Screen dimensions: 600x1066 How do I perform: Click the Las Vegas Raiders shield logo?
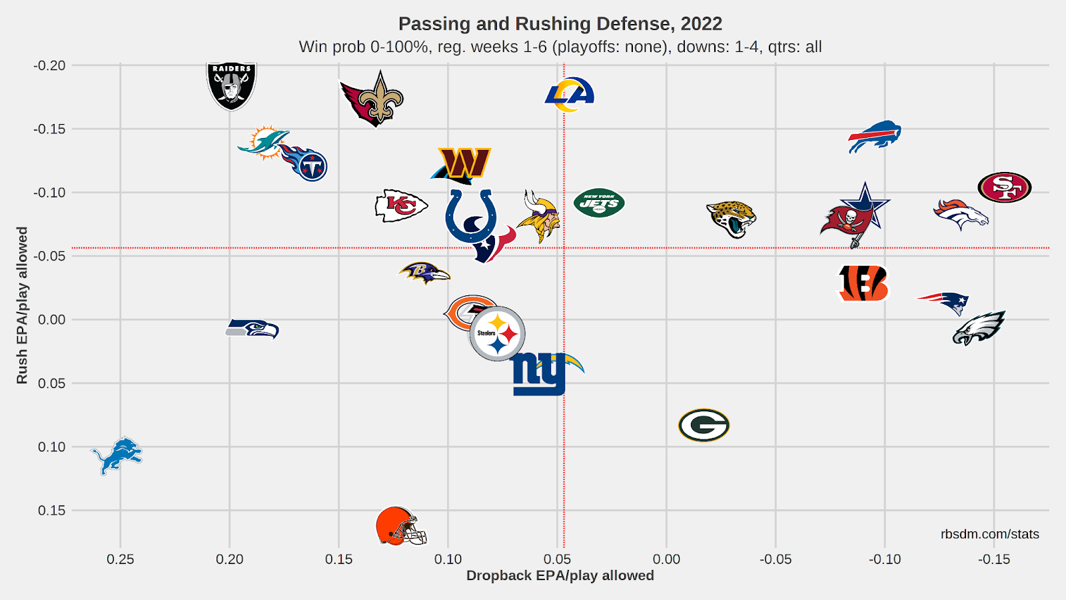click(231, 86)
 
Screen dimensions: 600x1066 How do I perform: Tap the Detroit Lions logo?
click(117, 455)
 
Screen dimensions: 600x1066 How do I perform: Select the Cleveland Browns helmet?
click(400, 526)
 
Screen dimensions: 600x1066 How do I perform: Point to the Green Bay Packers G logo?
click(704, 425)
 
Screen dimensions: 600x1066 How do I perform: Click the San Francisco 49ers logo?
click(1004, 187)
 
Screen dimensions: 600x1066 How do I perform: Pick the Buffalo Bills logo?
click(875, 137)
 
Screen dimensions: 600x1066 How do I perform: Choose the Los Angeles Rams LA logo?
click(570, 94)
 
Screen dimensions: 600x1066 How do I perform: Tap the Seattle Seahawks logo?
click(253, 329)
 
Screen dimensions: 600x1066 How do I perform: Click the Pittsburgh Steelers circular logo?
click(497, 333)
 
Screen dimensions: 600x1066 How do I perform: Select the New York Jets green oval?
click(599, 203)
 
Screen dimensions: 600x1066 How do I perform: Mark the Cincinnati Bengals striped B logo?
click(863, 283)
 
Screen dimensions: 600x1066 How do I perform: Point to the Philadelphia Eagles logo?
click(978, 327)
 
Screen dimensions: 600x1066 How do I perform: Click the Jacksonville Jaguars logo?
click(731, 219)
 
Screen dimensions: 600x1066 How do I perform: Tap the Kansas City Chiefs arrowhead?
click(400, 206)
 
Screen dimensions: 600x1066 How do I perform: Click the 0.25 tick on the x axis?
click(121, 559)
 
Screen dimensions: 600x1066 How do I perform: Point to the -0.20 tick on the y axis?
click(50, 65)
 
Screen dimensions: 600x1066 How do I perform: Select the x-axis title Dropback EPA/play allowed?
click(560, 575)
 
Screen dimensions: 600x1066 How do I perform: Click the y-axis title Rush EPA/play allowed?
click(22, 305)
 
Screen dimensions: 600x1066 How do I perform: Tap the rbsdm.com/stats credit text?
click(989, 534)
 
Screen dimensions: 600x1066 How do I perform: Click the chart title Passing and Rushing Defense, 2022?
click(560, 24)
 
